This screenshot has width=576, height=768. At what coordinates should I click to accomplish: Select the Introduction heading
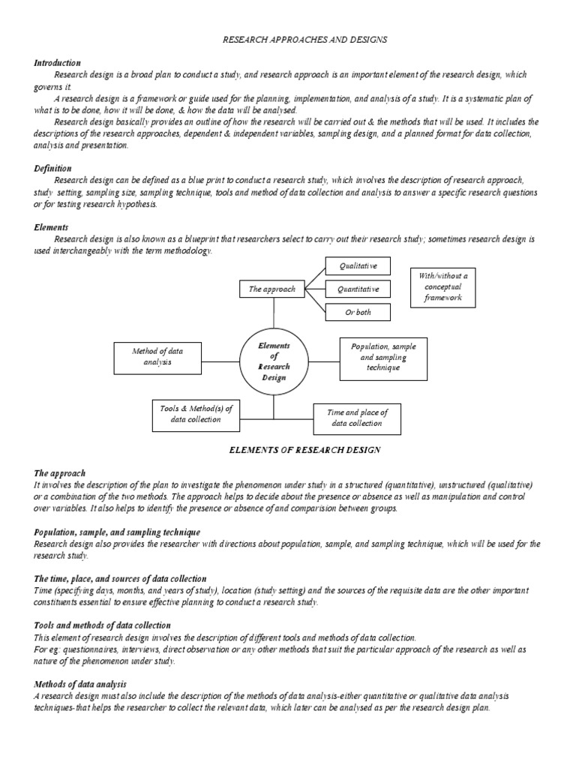tap(58, 63)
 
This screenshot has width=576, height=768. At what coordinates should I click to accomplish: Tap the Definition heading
tap(52, 169)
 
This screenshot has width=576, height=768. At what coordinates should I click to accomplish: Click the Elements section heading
tap(51, 226)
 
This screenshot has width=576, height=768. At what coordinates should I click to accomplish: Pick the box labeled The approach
tap(271, 289)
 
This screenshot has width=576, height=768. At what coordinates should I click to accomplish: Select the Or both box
tap(358, 312)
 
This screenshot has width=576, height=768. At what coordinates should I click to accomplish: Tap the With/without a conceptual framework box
tap(442, 286)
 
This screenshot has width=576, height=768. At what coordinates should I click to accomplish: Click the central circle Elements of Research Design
tap(274, 361)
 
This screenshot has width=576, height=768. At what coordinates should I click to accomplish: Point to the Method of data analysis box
tap(157, 356)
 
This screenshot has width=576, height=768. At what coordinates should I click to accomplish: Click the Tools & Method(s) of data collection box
tap(196, 414)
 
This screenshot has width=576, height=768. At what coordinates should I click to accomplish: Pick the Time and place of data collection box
tap(357, 418)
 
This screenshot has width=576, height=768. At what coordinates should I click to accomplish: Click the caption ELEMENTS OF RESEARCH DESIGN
tap(304, 450)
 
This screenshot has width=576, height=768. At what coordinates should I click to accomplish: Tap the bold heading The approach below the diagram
tap(60, 474)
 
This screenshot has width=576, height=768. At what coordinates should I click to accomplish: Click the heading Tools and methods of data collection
tap(103, 625)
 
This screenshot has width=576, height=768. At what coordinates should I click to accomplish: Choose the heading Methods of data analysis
tap(80, 685)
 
